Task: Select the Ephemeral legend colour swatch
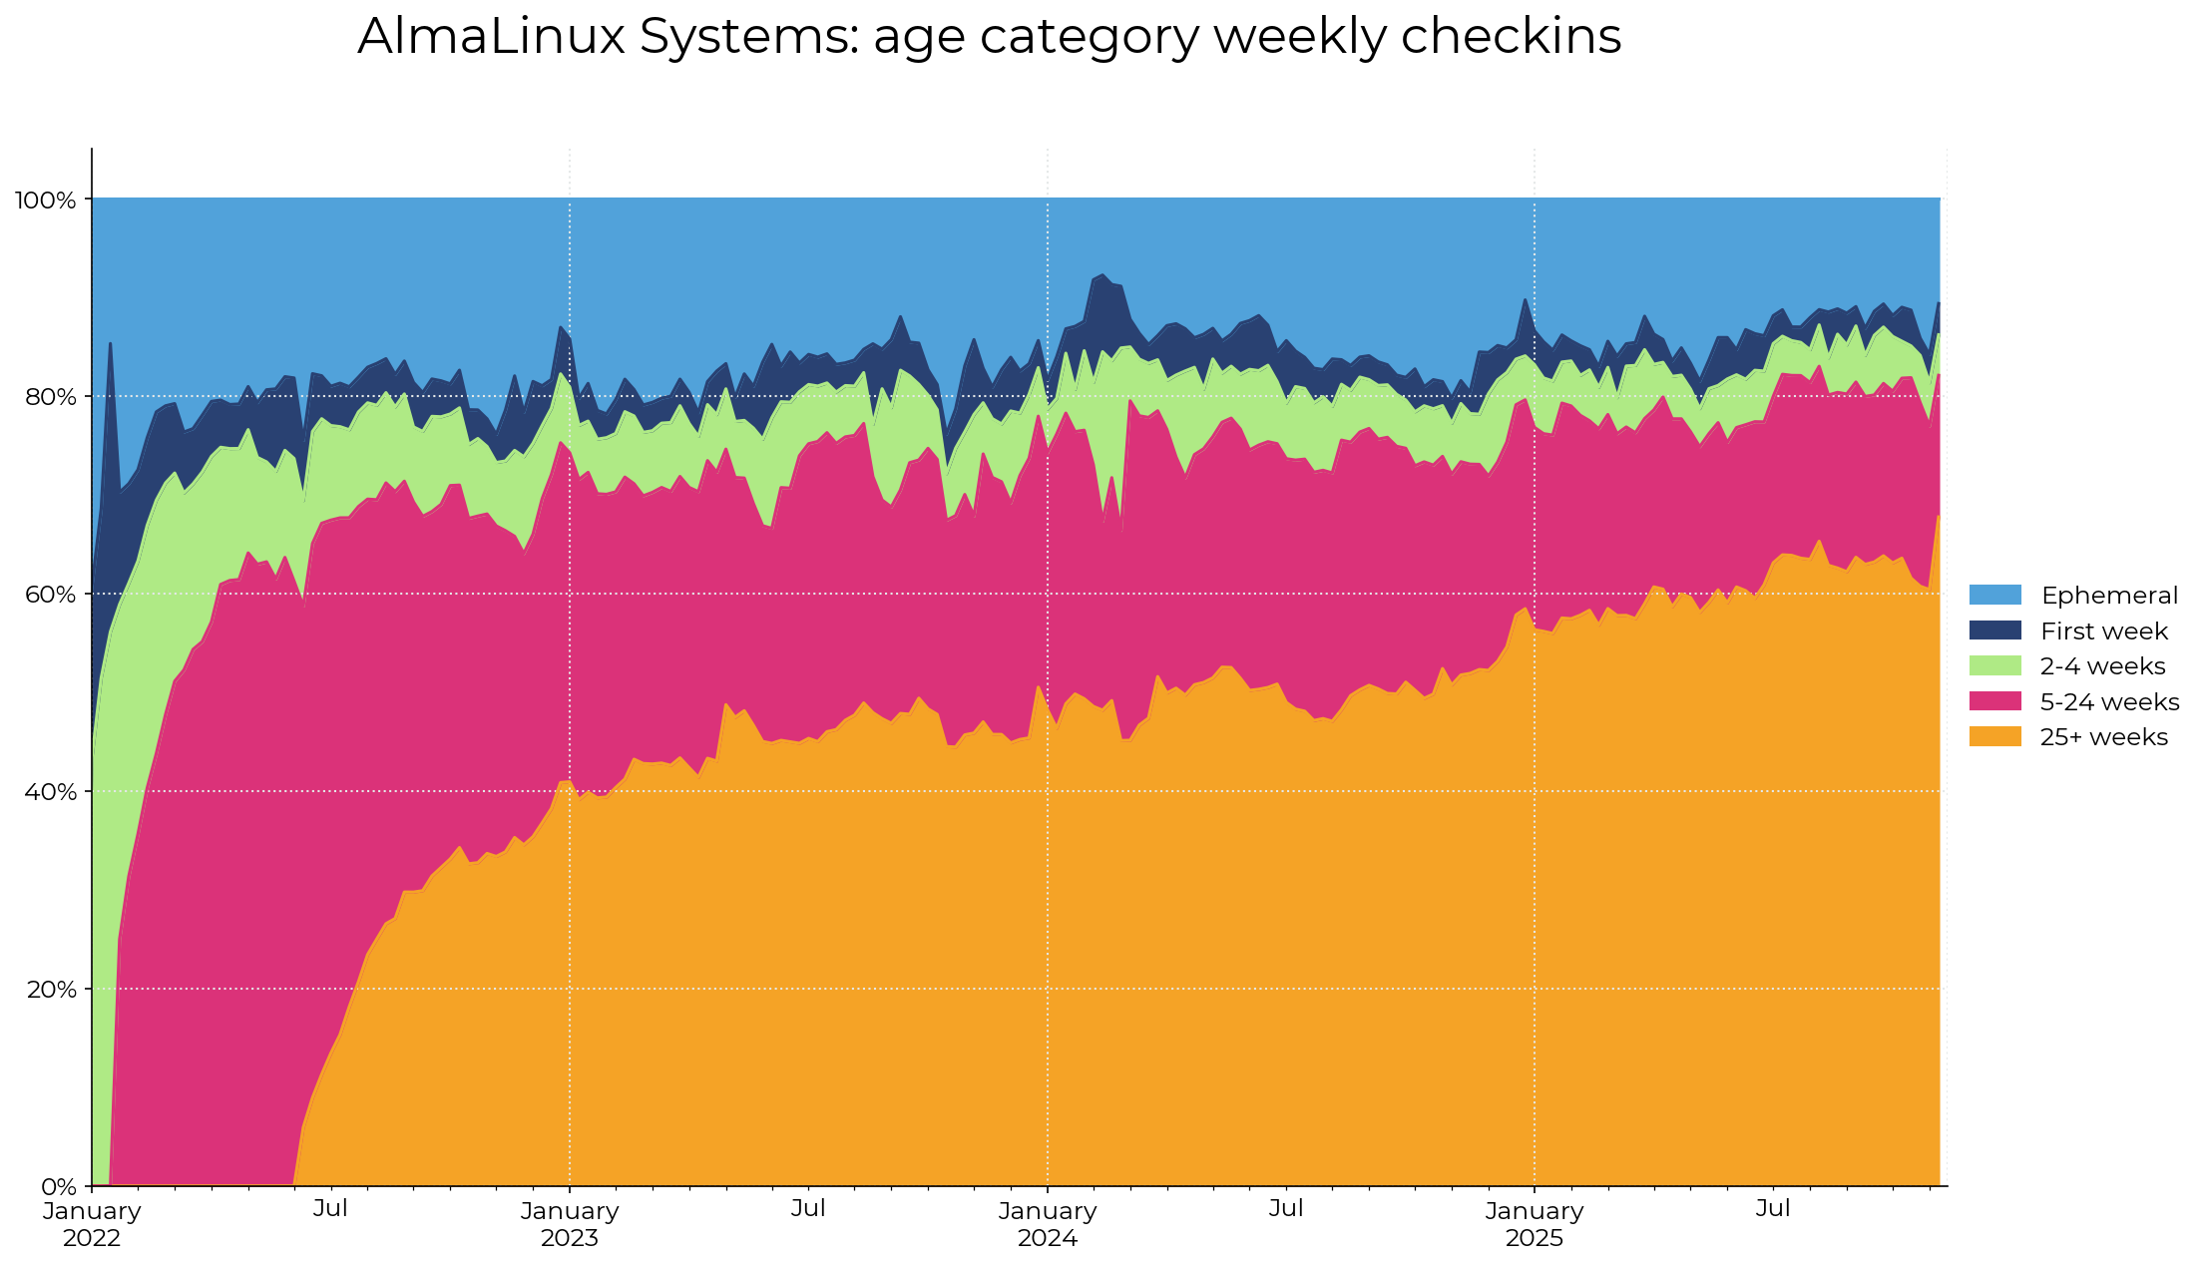coord(1994,596)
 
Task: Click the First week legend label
coord(2103,632)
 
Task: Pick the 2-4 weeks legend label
coord(2102,666)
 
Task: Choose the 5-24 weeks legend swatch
coord(1994,702)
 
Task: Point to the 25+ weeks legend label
coord(2103,737)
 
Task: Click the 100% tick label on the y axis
coord(45,201)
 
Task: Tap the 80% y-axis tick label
coord(50,397)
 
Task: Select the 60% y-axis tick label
coord(50,595)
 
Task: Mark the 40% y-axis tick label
coord(50,792)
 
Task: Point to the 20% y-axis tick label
coord(50,990)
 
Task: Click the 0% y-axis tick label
coord(58,1187)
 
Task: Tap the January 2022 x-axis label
coord(92,1224)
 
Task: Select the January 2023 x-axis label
coord(570,1224)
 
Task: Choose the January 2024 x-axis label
coord(1048,1224)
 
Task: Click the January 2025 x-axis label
coord(1535,1224)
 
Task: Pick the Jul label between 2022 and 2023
coord(330,1209)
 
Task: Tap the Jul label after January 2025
coord(1773,1209)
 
